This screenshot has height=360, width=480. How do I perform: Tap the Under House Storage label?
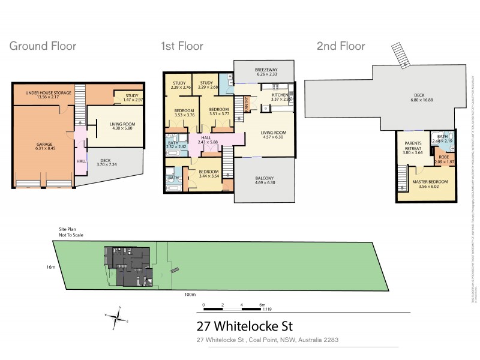tap(48, 93)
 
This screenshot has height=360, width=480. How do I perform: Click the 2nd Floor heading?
tap(340, 46)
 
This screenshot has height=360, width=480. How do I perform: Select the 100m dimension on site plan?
tap(190, 295)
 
